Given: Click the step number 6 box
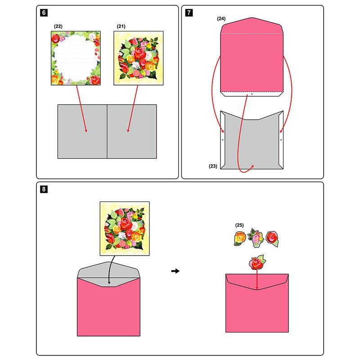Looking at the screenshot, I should tap(43, 13).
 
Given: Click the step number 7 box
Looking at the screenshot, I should tap(188, 13).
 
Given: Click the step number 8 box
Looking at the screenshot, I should tap(43, 189).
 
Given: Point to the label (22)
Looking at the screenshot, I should tap(58, 27).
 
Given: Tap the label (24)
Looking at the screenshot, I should tap(221, 19).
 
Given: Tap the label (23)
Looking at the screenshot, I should tap(213, 166).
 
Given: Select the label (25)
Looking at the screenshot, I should tap(239, 225).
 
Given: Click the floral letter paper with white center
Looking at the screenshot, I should tap(75, 58).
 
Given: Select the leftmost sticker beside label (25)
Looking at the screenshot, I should tap(240, 238).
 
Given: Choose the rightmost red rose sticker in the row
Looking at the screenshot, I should tap(272, 238).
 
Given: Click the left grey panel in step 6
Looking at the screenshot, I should tap(82, 131).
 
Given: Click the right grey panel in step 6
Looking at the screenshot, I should tap(132, 131).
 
